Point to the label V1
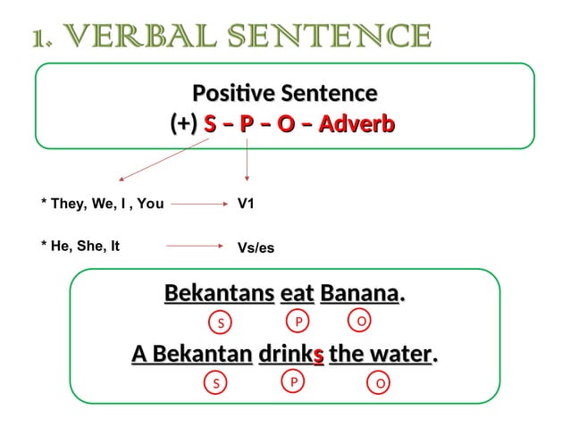(246, 204)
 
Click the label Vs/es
(256, 247)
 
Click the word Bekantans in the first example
(219, 293)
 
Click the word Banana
(359, 293)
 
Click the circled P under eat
(298, 320)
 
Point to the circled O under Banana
(359, 320)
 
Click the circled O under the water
(381, 383)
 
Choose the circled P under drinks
(292, 381)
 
